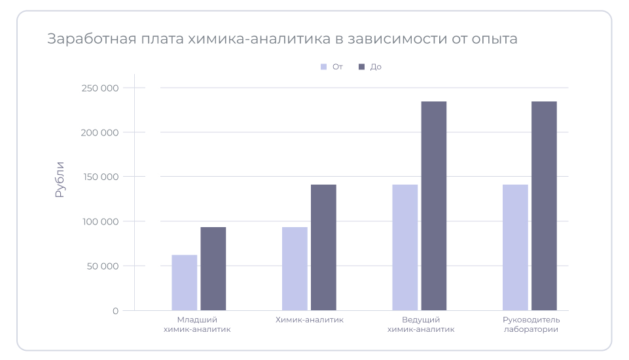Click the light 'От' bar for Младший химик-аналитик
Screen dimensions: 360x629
coord(185,283)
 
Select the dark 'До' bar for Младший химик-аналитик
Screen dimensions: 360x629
coord(213,268)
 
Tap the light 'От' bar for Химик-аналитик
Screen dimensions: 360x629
coord(295,268)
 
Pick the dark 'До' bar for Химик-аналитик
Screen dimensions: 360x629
coord(323,247)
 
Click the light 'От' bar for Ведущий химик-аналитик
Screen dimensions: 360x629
coord(405,247)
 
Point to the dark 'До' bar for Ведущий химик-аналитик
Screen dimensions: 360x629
coord(434,206)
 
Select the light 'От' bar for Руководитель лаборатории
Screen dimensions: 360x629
coord(515,247)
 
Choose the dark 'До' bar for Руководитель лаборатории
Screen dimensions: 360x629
coord(544,206)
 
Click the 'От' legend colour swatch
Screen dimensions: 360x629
coord(323,67)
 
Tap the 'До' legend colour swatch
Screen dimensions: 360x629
coord(361,67)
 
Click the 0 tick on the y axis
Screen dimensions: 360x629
coord(115,311)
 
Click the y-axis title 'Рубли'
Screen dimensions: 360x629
coord(60,179)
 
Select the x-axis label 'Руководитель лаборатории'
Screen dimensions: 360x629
coord(531,325)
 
